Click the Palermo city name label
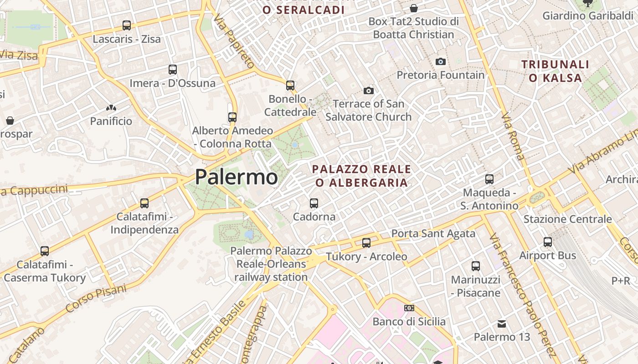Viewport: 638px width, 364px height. pos(236,177)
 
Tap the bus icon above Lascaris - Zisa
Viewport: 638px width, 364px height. pos(127,25)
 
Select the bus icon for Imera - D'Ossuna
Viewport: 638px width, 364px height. pos(173,70)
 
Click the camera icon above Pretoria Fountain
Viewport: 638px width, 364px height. pos(440,61)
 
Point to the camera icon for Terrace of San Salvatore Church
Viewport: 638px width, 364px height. pos(369,91)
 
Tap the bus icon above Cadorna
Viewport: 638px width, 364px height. pos(314,203)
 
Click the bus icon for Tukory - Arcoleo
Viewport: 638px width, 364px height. pos(366,243)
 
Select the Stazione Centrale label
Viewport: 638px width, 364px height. pos(567,219)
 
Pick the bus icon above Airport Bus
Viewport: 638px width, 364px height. pos(548,242)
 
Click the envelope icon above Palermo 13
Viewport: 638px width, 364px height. pos(502,324)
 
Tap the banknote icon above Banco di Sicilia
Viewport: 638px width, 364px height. pos(409,308)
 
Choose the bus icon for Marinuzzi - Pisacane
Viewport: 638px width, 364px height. pos(476,266)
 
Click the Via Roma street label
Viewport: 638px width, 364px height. pos(513,136)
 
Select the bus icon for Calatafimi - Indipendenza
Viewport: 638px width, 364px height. pos(144,203)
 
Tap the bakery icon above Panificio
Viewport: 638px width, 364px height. pos(111,108)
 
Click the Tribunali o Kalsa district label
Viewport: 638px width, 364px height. pos(556,71)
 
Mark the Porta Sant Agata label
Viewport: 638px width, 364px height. pos(433,234)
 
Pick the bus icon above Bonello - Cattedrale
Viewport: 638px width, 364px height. pos(290,86)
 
